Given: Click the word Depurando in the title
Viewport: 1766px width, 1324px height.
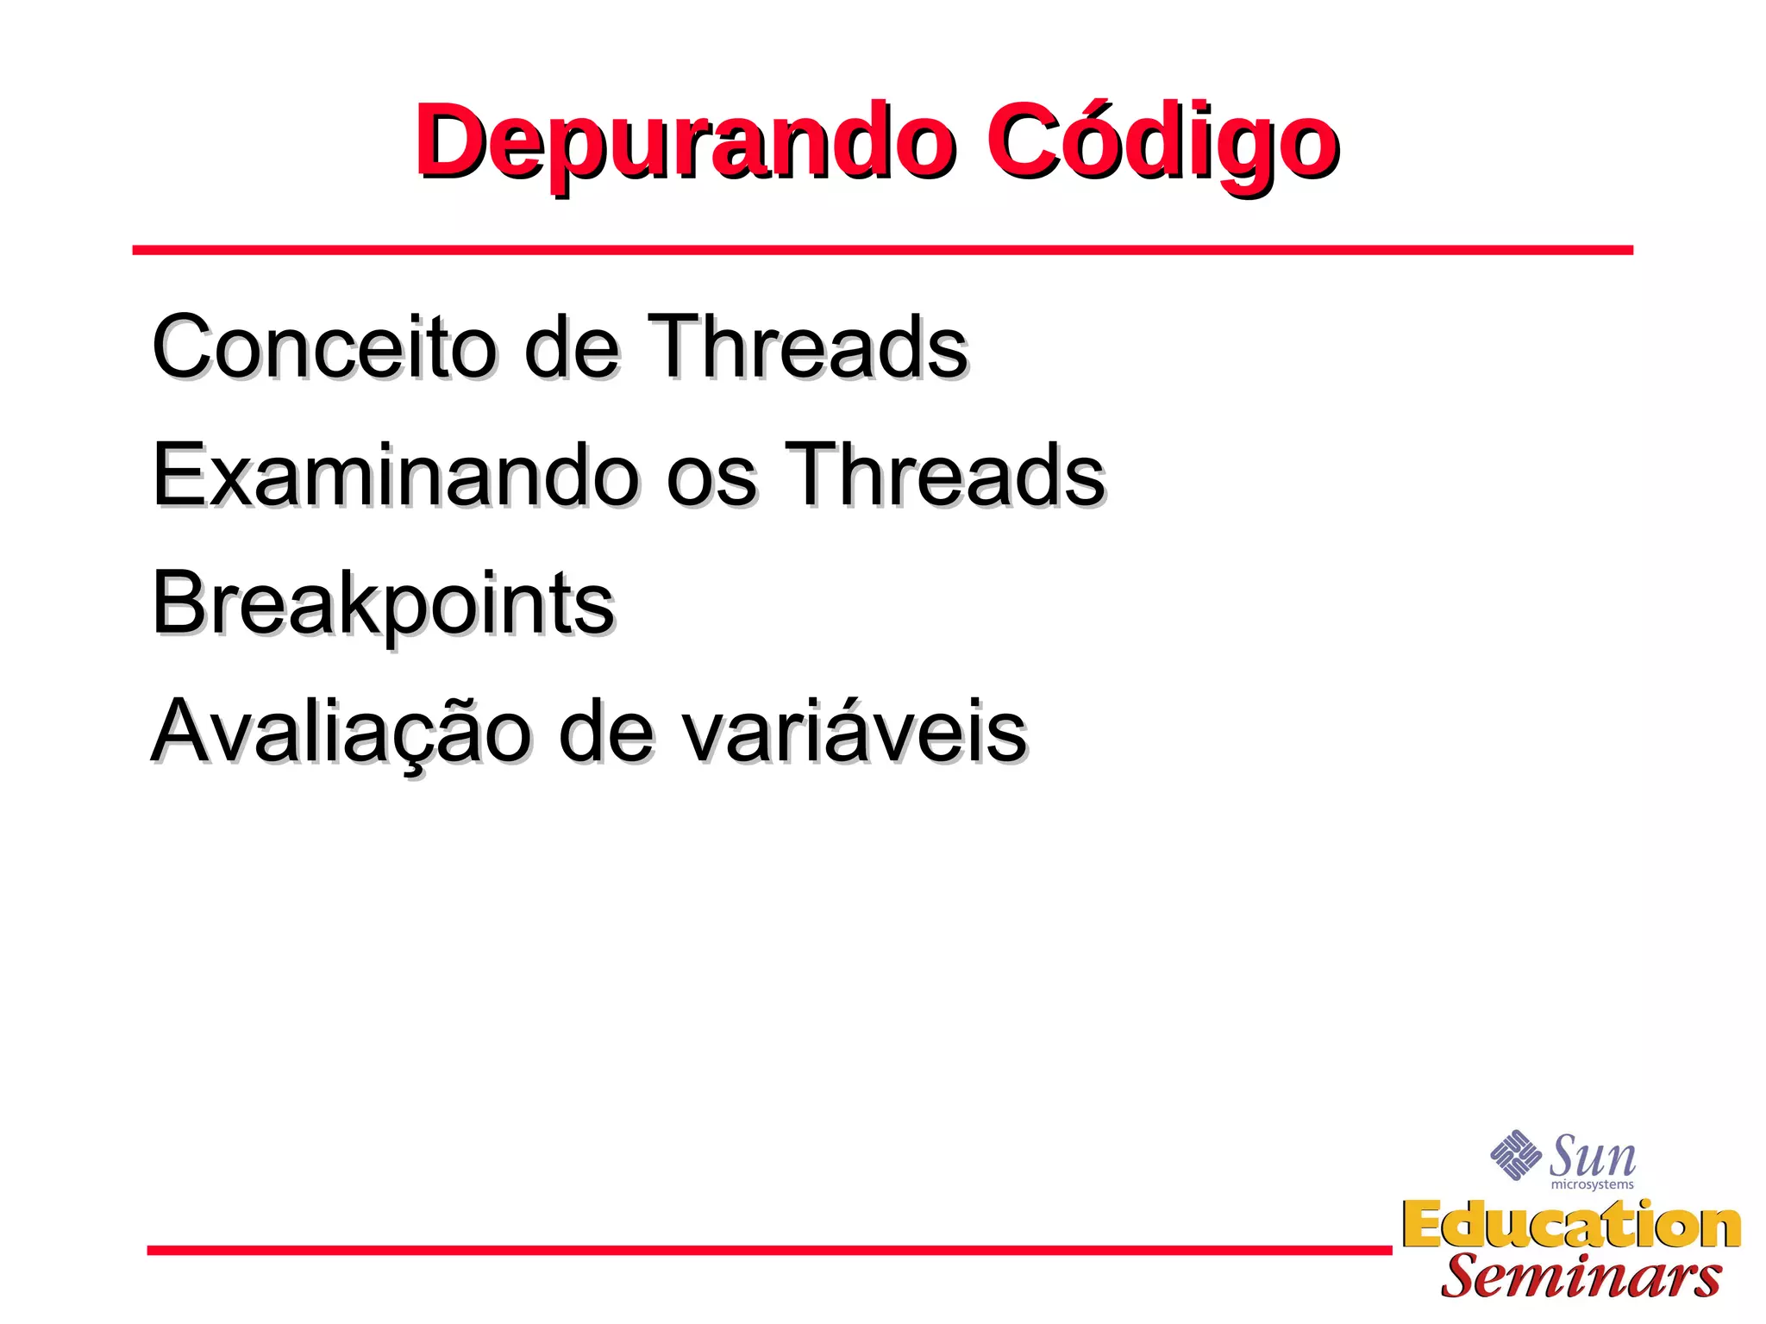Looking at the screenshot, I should (686, 142).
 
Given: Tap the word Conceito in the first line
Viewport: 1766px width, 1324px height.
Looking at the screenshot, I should (324, 347).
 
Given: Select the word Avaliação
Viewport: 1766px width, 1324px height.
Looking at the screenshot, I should (341, 733).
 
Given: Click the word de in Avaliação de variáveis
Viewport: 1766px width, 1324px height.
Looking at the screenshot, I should (605, 733).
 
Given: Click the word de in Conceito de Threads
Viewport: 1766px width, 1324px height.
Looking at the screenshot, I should (572, 347).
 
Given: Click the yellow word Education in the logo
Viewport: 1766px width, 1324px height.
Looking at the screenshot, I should (1571, 1225).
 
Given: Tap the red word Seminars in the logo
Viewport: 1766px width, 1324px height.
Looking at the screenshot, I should (1581, 1277).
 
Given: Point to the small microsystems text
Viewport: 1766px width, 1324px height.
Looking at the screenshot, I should (1592, 1185).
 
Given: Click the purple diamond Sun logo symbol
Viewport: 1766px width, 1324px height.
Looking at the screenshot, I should (1516, 1155).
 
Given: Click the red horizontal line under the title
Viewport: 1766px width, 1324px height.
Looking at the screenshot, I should (882, 250).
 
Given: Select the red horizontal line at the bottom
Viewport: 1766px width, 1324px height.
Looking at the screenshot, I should (769, 1250).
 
